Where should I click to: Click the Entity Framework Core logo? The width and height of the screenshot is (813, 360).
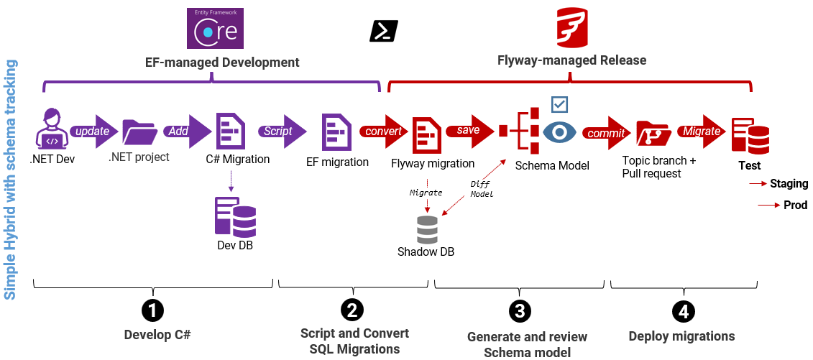(215, 28)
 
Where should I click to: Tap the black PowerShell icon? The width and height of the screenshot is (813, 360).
(383, 32)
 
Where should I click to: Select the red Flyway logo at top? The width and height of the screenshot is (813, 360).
(573, 29)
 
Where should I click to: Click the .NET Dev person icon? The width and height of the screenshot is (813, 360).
(52, 130)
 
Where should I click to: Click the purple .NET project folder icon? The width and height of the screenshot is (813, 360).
(139, 132)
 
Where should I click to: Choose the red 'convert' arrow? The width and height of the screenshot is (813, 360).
(384, 131)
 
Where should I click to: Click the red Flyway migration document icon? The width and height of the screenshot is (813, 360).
(426, 133)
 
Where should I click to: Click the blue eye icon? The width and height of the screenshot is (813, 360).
(559, 132)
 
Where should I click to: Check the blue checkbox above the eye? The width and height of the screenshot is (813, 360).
(559, 105)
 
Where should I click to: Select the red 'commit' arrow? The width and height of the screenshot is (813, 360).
(606, 132)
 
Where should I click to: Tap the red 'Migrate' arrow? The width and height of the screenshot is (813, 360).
(701, 131)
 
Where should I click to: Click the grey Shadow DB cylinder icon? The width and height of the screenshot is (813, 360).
(427, 229)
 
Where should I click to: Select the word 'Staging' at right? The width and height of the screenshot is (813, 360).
(789, 184)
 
